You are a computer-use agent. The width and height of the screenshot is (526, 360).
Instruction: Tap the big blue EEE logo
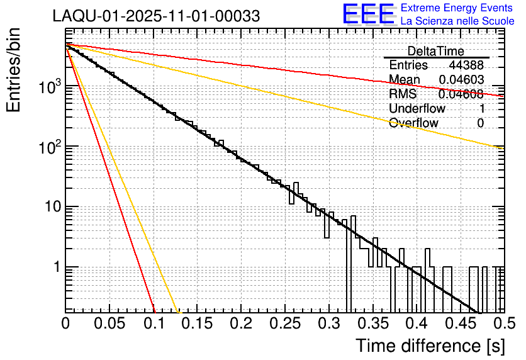pyautogui.click(x=368, y=14)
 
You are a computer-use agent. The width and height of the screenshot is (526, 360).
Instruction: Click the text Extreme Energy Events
pyautogui.click(x=457, y=8)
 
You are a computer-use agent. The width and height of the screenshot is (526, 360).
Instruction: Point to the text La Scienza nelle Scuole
pyautogui.click(x=457, y=21)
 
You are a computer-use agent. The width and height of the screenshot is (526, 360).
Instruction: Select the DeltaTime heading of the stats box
pyautogui.click(x=436, y=51)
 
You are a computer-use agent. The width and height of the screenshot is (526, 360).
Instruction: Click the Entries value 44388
pyautogui.click(x=466, y=65)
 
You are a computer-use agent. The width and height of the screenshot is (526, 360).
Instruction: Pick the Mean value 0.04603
pyautogui.click(x=461, y=79)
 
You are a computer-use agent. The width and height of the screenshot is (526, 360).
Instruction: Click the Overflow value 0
pyautogui.click(x=480, y=123)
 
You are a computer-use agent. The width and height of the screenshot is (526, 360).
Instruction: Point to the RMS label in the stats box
pyautogui.click(x=403, y=94)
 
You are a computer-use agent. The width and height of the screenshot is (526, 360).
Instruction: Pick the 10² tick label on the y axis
pyautogui.click(x=47, y=147)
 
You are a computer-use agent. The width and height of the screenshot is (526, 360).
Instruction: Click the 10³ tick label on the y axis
pyautogui.click(x=47, y=87)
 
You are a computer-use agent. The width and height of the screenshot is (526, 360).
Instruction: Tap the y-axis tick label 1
pyautogui.click(x=55, y=267)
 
